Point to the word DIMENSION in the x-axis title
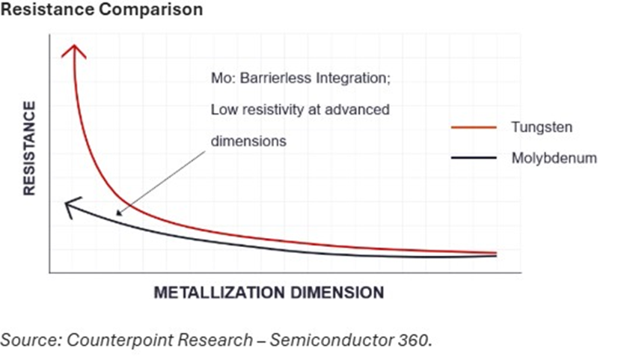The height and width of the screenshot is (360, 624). tap(335, 292)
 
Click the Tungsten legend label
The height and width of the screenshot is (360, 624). tap(542, 127)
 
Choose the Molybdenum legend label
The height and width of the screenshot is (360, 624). tap(554, 158)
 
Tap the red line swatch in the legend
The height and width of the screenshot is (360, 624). tap(474, 127)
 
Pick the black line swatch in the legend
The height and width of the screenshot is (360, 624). tap(474, 158)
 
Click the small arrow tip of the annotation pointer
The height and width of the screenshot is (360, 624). tap(117, 214)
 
